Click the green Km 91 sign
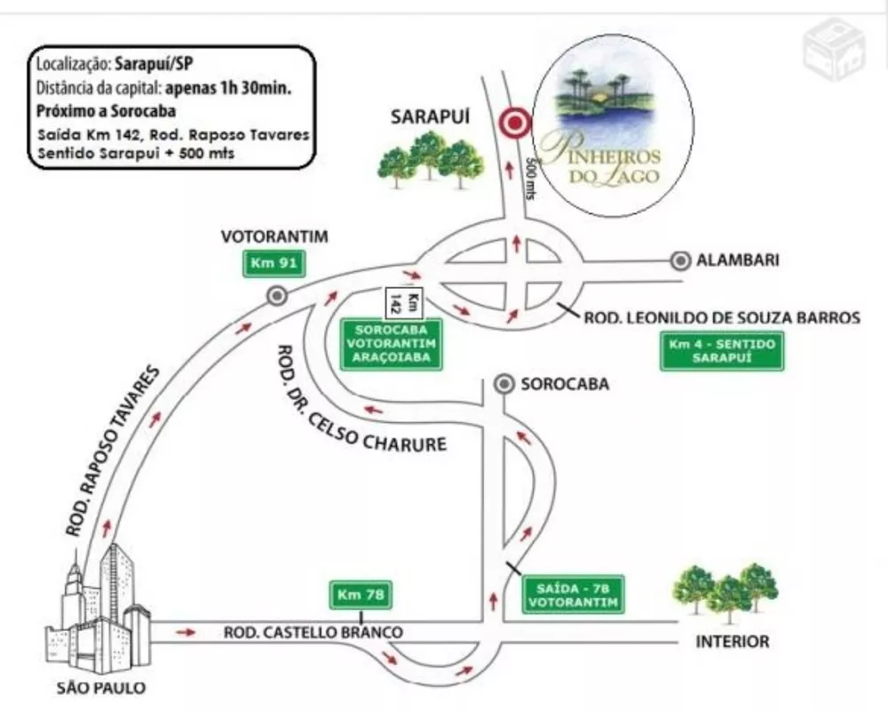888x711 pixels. [x=274, y=264]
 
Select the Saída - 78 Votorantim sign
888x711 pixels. [x=573, y=595]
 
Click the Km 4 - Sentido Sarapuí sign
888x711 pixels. [x=723, y=351]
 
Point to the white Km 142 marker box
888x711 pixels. [x=405, y=302]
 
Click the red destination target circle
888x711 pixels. [x=513, y=124]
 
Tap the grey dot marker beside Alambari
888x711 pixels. [x=681, y=260]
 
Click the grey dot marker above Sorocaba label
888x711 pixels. [x=504, y=384]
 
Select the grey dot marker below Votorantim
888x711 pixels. [x=277, y=296]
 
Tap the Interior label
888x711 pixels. [x=733, y=642]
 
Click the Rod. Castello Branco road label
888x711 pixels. [x=313, y=632]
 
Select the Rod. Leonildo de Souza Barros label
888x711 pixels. [x=722, y=316]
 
